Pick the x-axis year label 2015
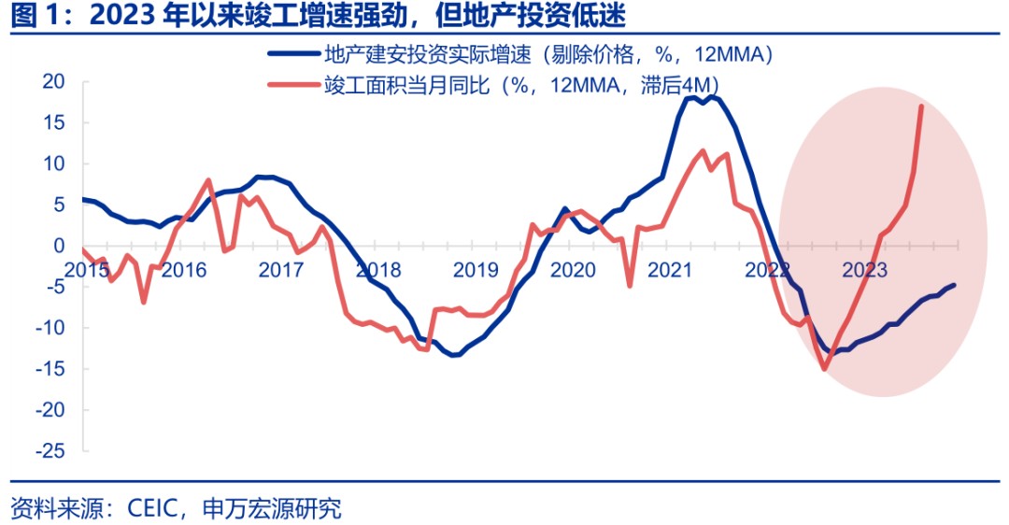point(86,270)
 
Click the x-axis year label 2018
point(378,270)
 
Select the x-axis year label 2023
point(865,270)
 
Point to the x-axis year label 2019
point(476,270)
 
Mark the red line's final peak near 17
point(921,106)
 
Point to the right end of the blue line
point(954,286)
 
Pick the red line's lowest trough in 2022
point(825,369)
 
